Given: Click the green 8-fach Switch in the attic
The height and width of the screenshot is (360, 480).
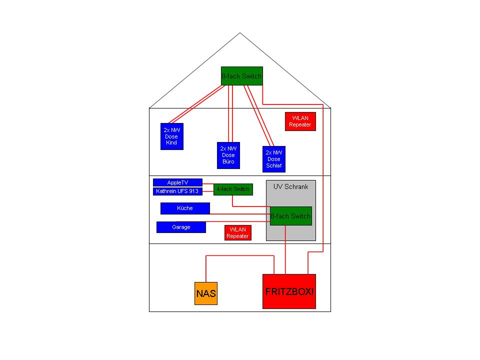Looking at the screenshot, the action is pos(242,76).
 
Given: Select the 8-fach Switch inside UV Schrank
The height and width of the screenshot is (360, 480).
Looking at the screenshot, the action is pos(291,216).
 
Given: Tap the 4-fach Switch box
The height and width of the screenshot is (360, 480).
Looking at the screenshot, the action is pos(233,189).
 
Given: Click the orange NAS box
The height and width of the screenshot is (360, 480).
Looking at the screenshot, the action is pos(206,293).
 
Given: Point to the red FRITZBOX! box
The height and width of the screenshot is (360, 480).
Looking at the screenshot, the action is pos(289,291).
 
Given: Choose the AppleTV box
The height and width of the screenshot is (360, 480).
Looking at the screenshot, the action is pos(177,182).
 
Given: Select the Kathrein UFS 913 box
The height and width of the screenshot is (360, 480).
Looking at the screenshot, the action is pos(177,191).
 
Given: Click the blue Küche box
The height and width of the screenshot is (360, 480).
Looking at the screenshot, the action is pos(185,208).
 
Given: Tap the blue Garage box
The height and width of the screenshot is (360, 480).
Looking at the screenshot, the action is pos(181,227).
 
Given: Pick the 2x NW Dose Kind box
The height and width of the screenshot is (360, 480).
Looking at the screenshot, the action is pos(172,136).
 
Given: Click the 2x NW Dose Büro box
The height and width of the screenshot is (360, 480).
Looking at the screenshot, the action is pos(228,155).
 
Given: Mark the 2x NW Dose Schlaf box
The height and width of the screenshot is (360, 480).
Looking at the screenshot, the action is pos(274,159).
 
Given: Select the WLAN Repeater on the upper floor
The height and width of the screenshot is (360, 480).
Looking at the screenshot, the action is pos(300,121).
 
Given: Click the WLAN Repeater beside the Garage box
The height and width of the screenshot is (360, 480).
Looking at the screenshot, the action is pos(238,233).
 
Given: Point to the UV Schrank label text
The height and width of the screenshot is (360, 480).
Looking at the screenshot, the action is pos(291,186).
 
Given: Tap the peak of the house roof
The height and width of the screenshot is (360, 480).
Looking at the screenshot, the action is pos(240,33).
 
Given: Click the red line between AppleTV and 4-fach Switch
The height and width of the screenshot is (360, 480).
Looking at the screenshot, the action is pos(208,184).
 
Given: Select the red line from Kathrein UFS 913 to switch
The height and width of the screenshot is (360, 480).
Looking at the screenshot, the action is pos(208,191).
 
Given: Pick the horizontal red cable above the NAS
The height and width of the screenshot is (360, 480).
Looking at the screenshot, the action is pos(240,255).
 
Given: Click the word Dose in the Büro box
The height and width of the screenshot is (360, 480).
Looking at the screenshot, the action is pos(228,155).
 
